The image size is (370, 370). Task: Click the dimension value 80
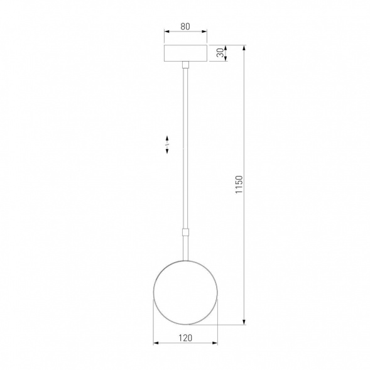point(186,26)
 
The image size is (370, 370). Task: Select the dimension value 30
point(219,53)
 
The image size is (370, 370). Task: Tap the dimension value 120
point(186,337)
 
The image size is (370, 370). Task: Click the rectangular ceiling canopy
point(186,53)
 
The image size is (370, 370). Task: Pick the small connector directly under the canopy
point(186,65)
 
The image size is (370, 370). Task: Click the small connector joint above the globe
point(186,232)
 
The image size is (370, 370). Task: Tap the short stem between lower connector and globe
point(186,248)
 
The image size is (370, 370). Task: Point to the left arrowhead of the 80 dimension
point(166,34)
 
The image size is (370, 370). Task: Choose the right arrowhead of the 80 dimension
point(205,34)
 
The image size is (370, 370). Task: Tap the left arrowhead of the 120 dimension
point(157,344)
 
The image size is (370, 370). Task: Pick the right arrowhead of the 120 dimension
point(215,344)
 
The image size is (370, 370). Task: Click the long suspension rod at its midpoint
point(186,148)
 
